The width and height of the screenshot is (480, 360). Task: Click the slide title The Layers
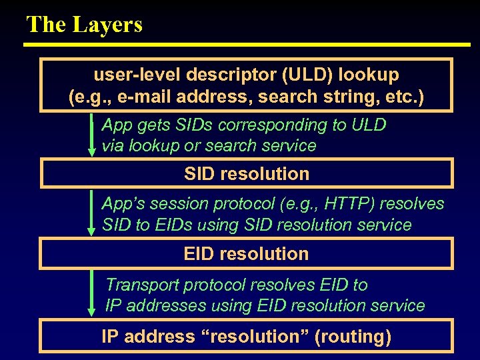[84, 25]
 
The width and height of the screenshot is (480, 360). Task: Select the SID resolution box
[247, 174]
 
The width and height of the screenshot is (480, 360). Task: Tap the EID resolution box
[247, 254]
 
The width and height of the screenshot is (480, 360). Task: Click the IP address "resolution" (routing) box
[247, 337]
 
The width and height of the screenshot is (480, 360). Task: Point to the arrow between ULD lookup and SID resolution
[92, 135]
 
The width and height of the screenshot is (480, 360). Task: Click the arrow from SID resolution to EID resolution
[92, 213]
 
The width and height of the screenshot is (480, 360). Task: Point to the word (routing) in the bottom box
[353, 337]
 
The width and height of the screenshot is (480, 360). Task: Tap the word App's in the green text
[123, 204]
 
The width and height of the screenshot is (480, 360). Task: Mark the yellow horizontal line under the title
[247, 45]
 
